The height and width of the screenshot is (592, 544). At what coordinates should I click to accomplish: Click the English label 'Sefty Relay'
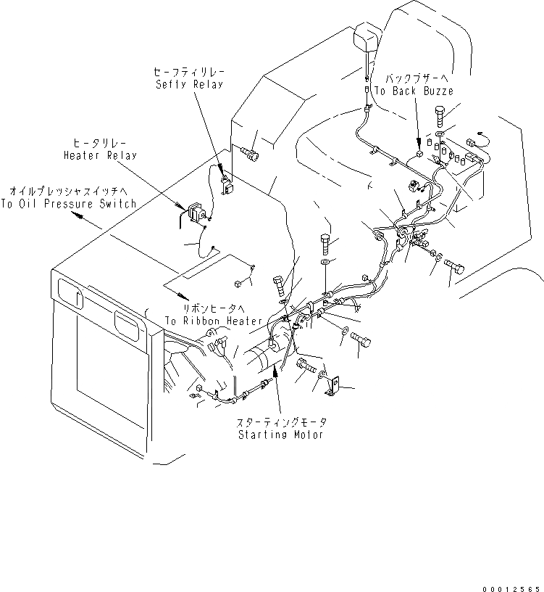pyautogui.click(x=188, y=84)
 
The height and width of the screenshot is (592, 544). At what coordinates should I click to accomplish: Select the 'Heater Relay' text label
pyautogui.click(x=99, y=155)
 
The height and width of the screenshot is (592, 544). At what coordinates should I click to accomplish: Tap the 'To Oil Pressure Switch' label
pyautogui.click(x=68, y=204)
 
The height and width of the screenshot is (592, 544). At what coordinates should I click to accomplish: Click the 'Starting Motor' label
pyautogui.click(x=282, y=435)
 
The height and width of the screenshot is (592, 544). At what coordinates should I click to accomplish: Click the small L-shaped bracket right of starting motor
pyautogui.click(x=332, y=385)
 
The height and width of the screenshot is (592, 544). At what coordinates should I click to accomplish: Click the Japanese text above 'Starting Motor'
pyautogui.click(x=281, y=422)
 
